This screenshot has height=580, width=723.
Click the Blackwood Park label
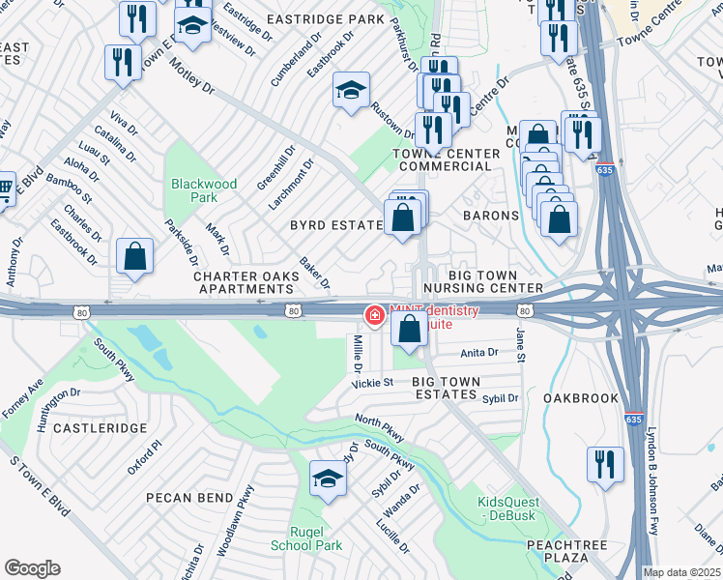click(203, 189)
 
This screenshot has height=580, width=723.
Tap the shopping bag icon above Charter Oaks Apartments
click(135, 257)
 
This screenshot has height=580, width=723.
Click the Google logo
click(32, 567)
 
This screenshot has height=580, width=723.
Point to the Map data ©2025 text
click(681, 572)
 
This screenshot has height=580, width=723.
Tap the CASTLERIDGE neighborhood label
click(101, 427)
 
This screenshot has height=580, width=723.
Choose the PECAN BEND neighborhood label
click(189, 498)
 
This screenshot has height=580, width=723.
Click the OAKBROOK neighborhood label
click(580, 397)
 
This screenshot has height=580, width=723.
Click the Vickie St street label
click(372, 383)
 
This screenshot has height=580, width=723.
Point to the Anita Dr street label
click(479, 353)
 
